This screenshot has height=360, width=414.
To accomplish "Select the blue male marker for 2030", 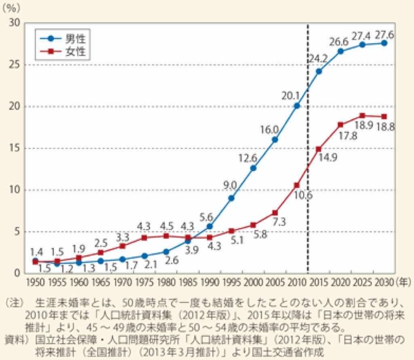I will [384, 43].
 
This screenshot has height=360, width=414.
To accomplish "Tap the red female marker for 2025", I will [362, 116].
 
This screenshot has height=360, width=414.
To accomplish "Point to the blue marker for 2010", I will [297, 105].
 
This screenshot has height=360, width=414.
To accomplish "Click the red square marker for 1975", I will [144, 238].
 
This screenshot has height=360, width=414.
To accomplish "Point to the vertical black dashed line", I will [308, 162].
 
